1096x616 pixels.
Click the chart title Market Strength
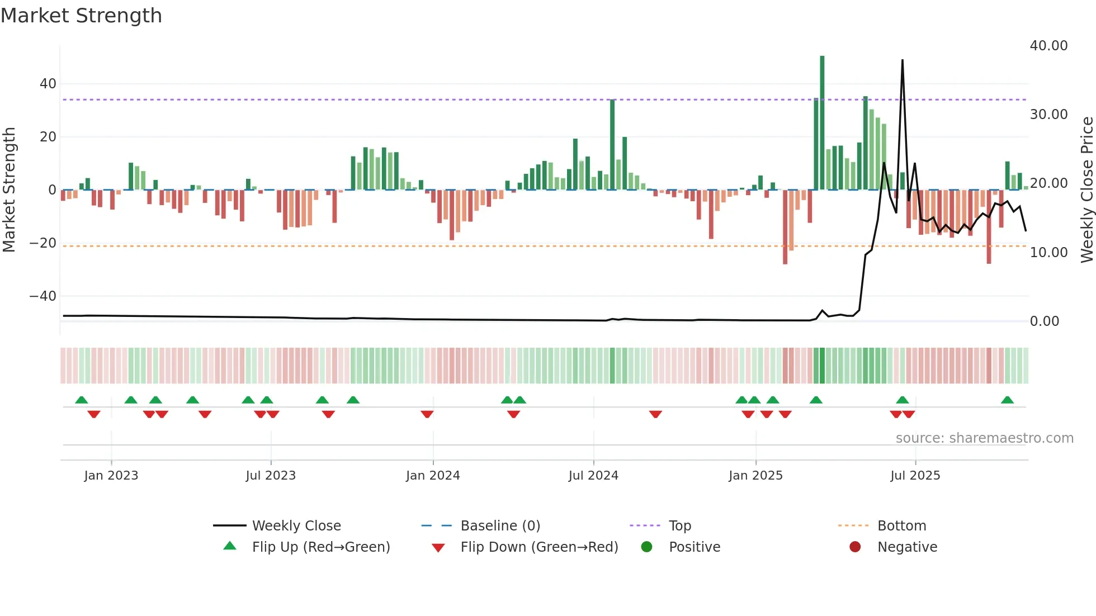point(82,16)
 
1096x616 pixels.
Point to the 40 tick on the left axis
point(48,84)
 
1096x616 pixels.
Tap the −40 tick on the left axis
point(43,296)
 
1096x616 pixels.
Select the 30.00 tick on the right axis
point(1048,115)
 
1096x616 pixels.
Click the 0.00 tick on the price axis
point(1044,321)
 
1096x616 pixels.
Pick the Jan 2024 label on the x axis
point(432,476)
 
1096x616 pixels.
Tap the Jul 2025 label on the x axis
point(915,476)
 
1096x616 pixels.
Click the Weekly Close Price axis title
point(1086,190)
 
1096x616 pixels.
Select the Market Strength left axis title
point(10,190)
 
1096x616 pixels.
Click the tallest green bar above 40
point(822,123)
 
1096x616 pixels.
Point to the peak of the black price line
point(902,60)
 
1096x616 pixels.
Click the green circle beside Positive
point(646,547)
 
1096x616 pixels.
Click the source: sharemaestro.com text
point(984,438)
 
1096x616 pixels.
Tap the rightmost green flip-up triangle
point(1007,400)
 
